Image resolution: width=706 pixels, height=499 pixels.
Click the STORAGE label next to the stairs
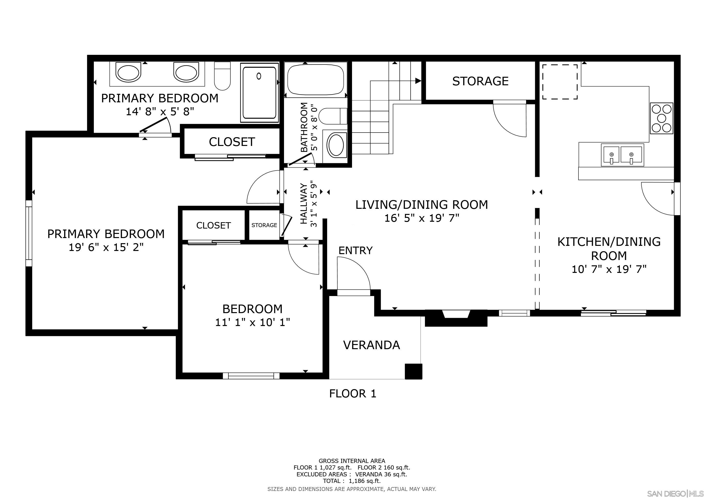480,81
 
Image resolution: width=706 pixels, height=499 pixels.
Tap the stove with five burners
661,118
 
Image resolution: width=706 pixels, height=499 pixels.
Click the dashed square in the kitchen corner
560,82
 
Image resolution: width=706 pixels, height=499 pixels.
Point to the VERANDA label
372,345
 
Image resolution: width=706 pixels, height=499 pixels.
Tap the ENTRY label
355,250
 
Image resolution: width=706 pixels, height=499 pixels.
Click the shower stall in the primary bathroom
259,93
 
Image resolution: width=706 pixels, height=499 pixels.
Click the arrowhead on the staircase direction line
418,81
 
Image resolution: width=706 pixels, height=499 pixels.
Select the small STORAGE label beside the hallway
264,225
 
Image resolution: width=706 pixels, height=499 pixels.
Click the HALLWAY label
304,204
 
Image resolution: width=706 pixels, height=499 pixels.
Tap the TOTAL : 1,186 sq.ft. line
352,481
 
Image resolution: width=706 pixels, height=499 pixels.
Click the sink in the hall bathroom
336,146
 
